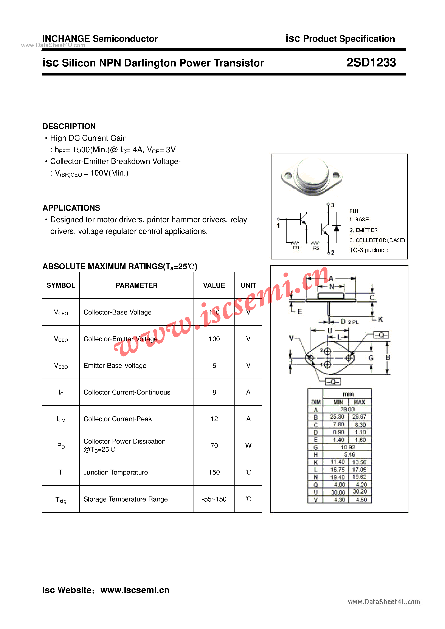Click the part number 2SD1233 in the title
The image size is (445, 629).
[371, 63]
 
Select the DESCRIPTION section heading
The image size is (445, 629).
[69, 126]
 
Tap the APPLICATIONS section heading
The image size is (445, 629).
[71, 208]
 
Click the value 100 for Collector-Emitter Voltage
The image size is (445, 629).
[214, 339]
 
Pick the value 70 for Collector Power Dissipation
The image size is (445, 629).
[214, 446]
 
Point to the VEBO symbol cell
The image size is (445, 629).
[61, 366]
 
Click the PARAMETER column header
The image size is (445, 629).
[136, 285]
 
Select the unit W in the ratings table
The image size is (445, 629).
[248, 446]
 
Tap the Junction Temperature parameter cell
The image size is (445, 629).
[116, 472]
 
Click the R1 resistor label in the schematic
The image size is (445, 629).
[296, 248]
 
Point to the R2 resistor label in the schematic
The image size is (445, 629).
[316, 248]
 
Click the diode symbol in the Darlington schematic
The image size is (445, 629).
[336, 228]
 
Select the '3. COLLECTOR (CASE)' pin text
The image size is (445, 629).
[377, 240]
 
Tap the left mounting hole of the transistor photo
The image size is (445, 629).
[288, 175]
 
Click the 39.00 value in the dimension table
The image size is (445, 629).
[347, 409]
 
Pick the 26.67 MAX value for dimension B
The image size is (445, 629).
[359, 417]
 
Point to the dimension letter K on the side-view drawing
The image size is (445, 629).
[380, 319]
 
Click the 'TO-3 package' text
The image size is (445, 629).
[369, 250]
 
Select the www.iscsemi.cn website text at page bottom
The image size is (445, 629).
[135, 590]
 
